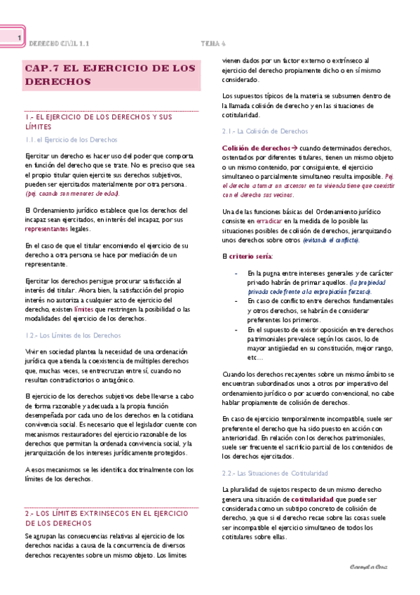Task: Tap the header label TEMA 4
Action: click(212, 43)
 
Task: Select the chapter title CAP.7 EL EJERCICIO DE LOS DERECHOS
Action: click(109, 74)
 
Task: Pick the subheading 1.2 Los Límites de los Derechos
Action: click(72, 335)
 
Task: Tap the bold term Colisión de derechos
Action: click(255, 149)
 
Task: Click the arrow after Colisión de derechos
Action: click(294, 149)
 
